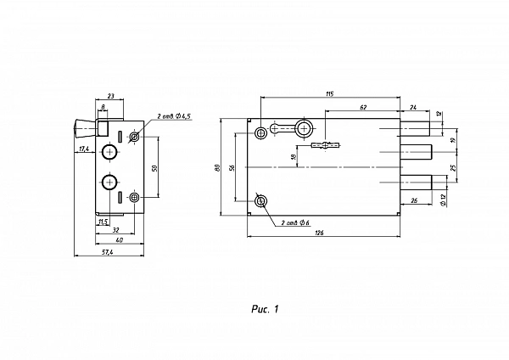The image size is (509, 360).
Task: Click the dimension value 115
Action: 329,94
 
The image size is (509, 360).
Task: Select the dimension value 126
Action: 320,233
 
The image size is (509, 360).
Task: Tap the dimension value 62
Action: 363,107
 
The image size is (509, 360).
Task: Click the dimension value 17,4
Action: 84,149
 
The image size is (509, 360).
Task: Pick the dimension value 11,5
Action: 103,222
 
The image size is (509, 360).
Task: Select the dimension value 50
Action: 154,168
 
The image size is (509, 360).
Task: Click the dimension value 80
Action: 218,167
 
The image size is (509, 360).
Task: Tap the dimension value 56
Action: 232,167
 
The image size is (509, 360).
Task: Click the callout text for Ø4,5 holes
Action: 174,116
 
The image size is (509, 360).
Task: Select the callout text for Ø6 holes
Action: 295,222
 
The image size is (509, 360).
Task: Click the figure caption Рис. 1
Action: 265,309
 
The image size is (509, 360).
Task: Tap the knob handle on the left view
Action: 85,128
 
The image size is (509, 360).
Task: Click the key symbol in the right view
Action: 326,145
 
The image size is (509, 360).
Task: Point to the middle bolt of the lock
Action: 416,152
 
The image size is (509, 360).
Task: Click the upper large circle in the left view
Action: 110,152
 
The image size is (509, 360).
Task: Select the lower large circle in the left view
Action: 109,183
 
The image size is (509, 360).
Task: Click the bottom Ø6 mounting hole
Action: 260,201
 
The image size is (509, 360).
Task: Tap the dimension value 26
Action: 414,200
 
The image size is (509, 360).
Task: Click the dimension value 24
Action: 413,107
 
